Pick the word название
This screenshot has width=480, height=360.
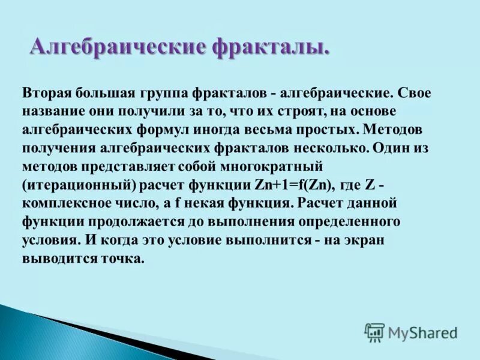coord(52,112)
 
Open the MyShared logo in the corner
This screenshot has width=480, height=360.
coord(410,331)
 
